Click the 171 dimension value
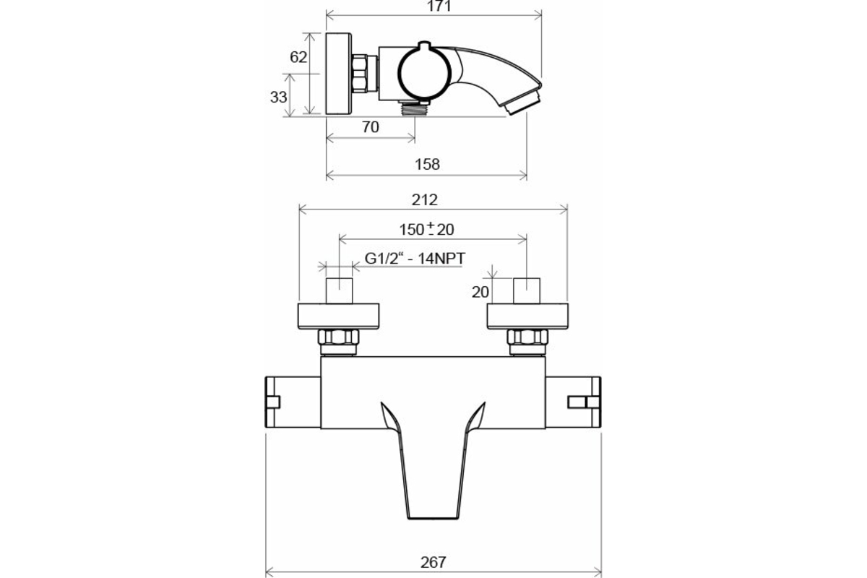[x=439, y=6]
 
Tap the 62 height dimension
[x=298, y=57]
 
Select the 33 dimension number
[x=278, y=97]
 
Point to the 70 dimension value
[x=371, y=127]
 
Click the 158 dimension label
[x=427, y=164]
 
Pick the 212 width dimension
[x=425, y=199]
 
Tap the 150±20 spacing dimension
[x=426, y=230]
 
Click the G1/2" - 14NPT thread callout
[x=415, y=258]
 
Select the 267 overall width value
[x=433, y=563]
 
